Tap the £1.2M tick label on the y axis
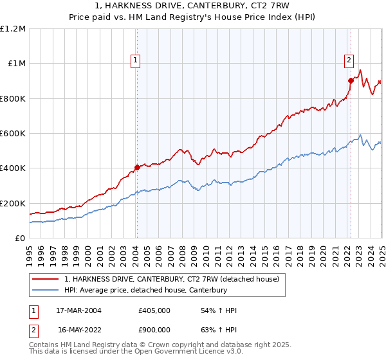point(13,28)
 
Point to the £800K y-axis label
point(13,98)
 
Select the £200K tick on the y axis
point(13,203)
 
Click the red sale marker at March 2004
point(137,168)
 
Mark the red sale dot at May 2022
point(351,80)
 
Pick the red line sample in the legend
point(46,279)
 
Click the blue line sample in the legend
point(46,291)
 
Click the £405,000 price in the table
point(154,310)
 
